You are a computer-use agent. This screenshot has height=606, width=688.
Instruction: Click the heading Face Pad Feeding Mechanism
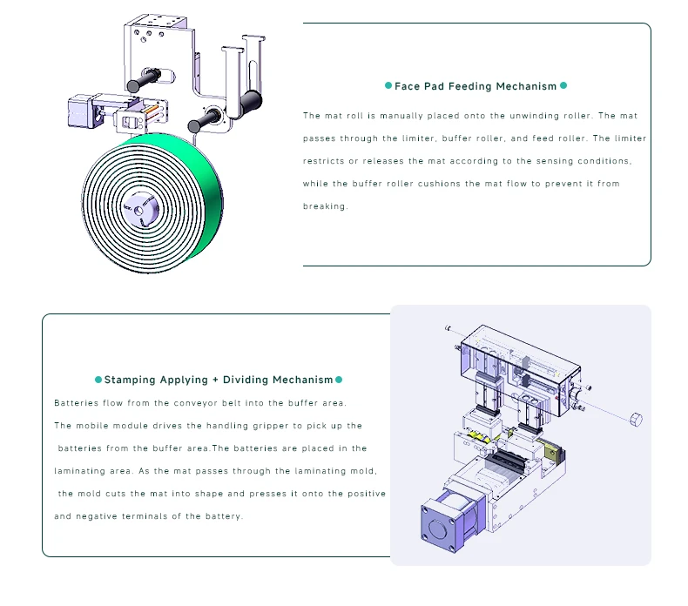click(x=476, y=86)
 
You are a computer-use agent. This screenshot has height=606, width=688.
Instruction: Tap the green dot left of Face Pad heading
click(x=388, y=86)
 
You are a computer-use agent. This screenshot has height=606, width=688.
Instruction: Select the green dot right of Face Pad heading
click(x=563, y=86)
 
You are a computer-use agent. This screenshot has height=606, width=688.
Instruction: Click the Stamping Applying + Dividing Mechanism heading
click(x=219, y=380)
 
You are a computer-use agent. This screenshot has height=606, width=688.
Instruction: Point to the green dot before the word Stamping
click(x=98, y=380)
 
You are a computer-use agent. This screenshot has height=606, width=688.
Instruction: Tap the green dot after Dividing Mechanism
click(x=339, y=380)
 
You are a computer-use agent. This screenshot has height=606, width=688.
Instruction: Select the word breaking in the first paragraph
click(x=324, y=206)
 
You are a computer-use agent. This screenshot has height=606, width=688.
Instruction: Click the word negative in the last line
click(x=98, y=516)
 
